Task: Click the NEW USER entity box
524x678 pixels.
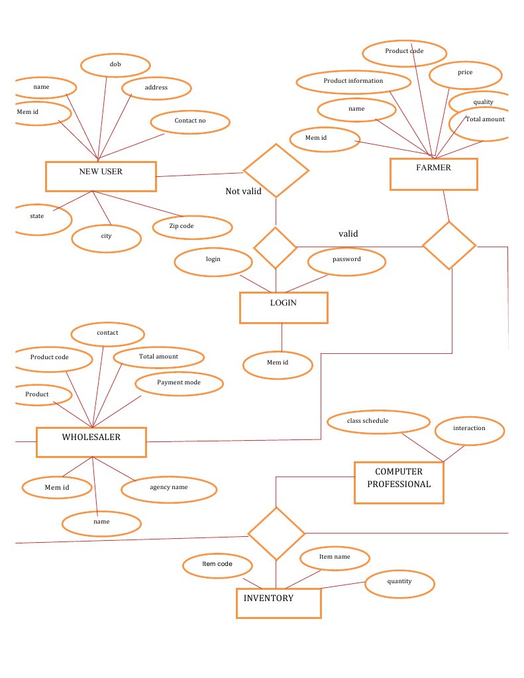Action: pos(101,176)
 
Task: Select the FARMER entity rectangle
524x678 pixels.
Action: pos(433,174)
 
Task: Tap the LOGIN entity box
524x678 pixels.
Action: pos(284,308)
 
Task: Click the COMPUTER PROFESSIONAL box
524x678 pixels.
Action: pos(399,482)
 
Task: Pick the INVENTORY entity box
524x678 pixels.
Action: pos(278,603)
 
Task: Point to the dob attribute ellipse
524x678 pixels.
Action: pos(115,65)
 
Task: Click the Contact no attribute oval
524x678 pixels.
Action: pos(190,121)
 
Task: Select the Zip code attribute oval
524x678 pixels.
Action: pos(191,227)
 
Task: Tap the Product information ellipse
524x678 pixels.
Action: pos(353,82)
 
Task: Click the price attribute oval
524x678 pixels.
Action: pos(465,74)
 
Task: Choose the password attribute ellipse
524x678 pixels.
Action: pos(346,260)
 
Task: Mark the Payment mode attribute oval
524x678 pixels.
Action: pos(178,383)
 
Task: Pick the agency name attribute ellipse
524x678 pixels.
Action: pos(169,488)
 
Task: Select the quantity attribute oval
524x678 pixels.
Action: pos(399,583)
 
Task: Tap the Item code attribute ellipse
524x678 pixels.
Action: pos(217,565)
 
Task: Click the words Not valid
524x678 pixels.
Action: pos(243,192)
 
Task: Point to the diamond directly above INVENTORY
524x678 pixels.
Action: pos(276,533)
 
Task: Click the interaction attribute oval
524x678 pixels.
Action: pos(470,429)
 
